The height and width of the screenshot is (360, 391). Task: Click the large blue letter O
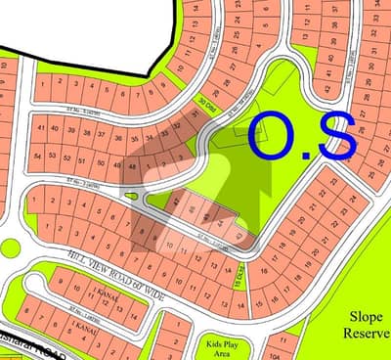277,136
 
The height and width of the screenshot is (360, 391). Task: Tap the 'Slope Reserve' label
365,324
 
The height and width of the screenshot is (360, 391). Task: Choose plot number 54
37,156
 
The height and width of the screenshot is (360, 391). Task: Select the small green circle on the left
9,247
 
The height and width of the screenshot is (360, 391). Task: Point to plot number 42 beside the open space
176,200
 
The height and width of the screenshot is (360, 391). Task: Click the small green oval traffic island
133,194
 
